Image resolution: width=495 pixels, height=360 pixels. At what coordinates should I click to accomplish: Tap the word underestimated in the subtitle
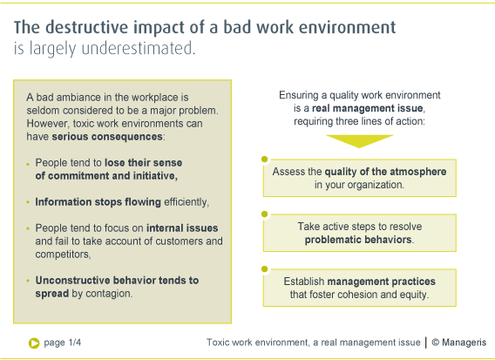[x=139, y=48]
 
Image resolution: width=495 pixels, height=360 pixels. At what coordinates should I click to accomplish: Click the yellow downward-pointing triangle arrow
[x=359, y=141]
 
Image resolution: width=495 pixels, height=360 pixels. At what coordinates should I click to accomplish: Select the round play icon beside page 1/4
[x=34, y=343]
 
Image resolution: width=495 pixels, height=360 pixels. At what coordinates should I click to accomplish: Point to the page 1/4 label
[x=62, y=343]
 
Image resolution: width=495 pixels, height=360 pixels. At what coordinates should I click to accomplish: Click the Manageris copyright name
[x=464, y=343]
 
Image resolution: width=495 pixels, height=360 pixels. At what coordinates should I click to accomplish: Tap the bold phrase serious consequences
[x=107, y=137]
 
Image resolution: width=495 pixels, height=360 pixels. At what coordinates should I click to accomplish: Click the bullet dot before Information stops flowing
[x=28, y=202]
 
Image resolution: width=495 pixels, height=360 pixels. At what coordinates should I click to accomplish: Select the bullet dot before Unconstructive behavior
[x=28, y=281]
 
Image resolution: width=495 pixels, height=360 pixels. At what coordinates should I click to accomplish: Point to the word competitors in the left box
[x=63, y=255]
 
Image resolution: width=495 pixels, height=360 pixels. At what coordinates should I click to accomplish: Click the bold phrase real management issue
[x=368, y=108]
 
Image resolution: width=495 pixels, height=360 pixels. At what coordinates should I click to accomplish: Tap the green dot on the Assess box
[x=265, y=160]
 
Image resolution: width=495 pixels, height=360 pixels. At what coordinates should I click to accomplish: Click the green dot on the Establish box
[x=265, y=269]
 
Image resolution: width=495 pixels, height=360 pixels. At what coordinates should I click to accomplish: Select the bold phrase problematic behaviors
[x=358, y=240]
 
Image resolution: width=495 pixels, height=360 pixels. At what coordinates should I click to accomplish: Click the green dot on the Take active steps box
[x=265, y=214]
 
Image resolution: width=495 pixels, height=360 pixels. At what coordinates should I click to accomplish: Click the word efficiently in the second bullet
[x=186, y=201]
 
